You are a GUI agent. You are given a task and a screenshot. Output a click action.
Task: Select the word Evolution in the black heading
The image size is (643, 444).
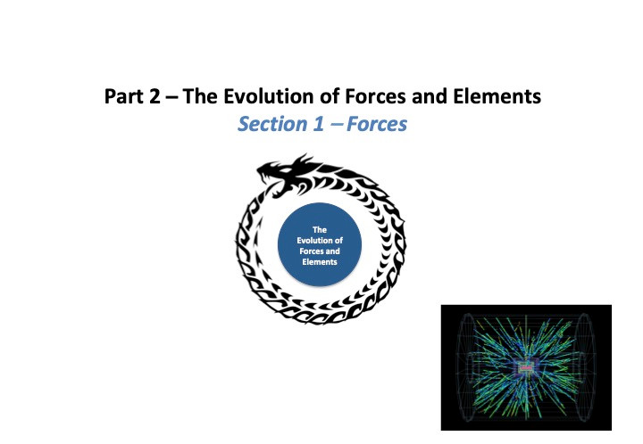point(271,96)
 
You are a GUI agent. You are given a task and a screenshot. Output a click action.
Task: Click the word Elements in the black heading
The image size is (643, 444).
point(497,96)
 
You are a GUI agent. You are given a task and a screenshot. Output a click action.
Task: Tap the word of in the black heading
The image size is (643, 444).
point(331,96)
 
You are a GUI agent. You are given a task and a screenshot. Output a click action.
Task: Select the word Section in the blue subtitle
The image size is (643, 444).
point(272,124)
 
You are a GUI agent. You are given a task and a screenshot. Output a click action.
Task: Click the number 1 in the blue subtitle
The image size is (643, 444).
point(319,124)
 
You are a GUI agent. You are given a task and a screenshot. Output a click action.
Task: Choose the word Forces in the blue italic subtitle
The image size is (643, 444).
point(377,124)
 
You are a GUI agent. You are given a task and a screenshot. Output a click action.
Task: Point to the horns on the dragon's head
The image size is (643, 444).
point(305,160)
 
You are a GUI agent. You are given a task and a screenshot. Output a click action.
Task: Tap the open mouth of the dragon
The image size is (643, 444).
point(269,180)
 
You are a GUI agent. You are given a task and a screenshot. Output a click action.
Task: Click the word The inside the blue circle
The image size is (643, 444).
point(320,229)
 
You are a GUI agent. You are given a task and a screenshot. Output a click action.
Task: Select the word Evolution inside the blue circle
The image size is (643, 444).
point(320,240)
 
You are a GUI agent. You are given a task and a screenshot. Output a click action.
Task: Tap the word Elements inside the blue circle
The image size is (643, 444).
point(320,262)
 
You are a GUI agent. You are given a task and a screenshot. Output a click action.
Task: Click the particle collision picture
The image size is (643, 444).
point(526,367)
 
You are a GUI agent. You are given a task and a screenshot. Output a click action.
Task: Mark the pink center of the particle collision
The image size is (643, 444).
point(525,367)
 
